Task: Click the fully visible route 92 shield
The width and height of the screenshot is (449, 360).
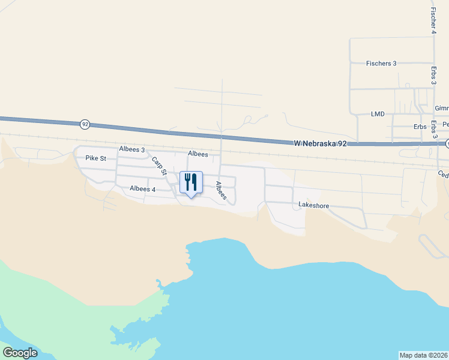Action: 85,124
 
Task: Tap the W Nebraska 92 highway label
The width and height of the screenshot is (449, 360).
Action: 321,143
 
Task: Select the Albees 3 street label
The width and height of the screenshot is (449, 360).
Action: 132,149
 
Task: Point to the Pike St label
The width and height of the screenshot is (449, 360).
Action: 95,158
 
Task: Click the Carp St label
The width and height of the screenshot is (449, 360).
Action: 158,166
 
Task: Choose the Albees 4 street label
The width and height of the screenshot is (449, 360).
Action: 143,189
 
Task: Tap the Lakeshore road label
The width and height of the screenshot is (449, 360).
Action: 314,205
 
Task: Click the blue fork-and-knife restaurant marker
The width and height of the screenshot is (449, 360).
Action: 191,182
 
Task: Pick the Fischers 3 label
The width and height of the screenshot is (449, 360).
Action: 381,63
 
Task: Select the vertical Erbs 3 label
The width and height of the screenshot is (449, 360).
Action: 433,78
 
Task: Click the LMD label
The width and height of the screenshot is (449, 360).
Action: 378,113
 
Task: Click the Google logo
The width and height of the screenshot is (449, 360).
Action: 20,353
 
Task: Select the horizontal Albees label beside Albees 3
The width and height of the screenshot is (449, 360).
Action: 198,154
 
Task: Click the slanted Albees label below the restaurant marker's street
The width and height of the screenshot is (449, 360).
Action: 220,191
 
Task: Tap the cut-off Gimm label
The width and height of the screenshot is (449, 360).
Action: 442,109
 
